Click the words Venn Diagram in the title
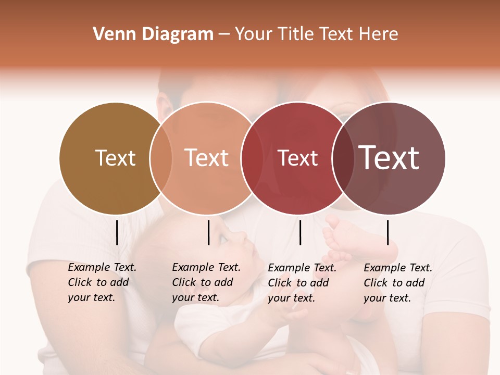153,34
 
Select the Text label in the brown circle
115,158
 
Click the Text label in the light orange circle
207,158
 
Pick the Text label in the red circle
297,158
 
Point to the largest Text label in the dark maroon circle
389,157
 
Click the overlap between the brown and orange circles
161,158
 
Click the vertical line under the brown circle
117,232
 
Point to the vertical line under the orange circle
208,232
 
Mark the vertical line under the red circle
301,232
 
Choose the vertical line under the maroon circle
388,232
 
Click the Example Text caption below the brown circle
102,282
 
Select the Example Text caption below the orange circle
206,282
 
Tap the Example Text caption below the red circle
302,283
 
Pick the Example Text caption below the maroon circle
397,283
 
